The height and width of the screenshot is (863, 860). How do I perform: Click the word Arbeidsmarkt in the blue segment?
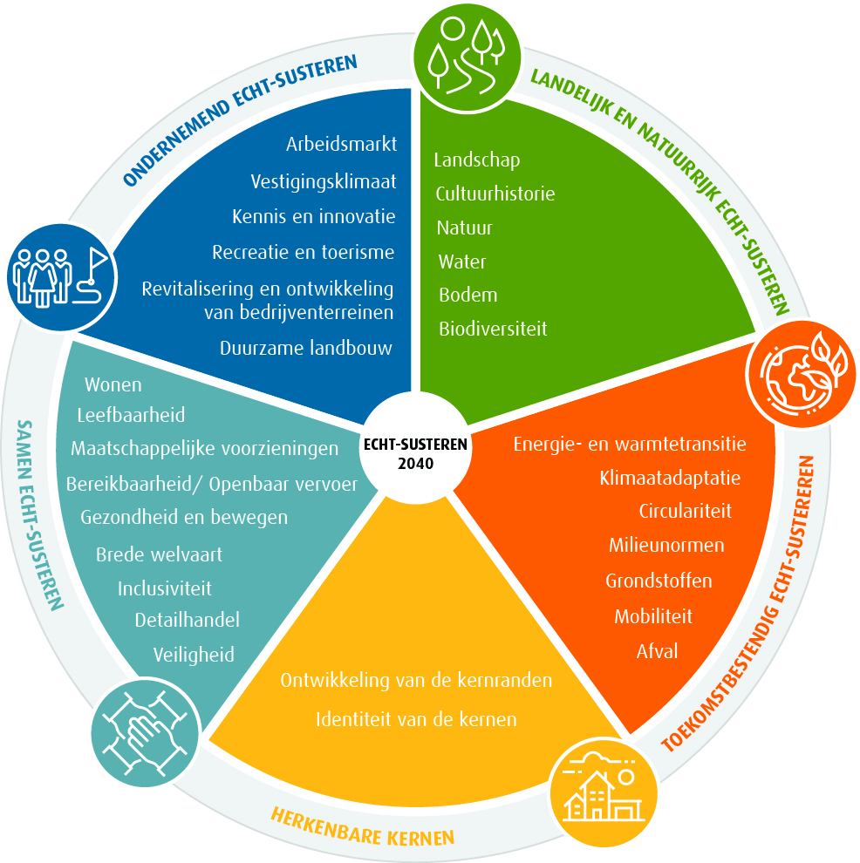tap(341, 144)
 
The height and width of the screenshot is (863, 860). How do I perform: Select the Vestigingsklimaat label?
tap(324, 181)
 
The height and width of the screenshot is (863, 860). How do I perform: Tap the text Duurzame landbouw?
tap(306, 348)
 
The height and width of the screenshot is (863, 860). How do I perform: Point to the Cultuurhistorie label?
tap(495, 194)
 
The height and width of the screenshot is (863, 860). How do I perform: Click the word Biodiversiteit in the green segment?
tap(493, 329)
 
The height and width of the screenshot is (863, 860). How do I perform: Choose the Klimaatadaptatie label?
tap(670, 478)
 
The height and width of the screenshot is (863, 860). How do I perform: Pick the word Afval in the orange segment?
tap(657, 650)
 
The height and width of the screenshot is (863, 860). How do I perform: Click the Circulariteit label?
tap(685, 511)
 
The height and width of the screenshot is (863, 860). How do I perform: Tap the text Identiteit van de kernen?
tap(416, 719)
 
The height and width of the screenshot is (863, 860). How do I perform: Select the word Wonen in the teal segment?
tap(113, 384)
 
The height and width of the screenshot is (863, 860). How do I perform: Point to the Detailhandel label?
tap(187, 620)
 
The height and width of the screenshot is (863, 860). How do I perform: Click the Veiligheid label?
tap(194, 655)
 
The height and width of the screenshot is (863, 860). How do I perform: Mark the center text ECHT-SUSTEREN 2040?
tap(415, 453)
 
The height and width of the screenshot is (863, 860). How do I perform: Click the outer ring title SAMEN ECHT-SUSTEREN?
tap(40, 514)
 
